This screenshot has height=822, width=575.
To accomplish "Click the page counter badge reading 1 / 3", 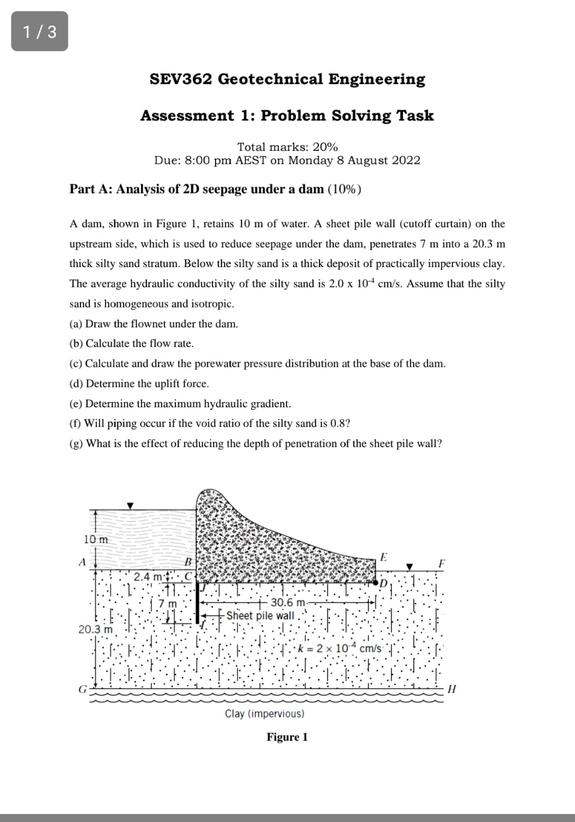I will point(39,32).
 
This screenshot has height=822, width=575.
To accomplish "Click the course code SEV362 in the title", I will point(180,79).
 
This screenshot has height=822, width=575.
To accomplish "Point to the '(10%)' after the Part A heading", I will point(344,189).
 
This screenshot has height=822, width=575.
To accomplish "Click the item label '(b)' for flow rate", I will point(77,344).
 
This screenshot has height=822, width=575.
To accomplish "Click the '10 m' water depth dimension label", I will point(96,539).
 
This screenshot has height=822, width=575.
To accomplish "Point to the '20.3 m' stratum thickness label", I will point(96,629).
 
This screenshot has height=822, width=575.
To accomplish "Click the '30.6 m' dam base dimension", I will point(287,603).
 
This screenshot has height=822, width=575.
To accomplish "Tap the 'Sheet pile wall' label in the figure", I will point(260,616).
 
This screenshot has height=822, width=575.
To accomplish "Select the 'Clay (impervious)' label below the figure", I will point(265,714).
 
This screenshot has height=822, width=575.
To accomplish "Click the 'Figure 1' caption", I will point(287,737).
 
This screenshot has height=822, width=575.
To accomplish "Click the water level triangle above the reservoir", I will point(130,505).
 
